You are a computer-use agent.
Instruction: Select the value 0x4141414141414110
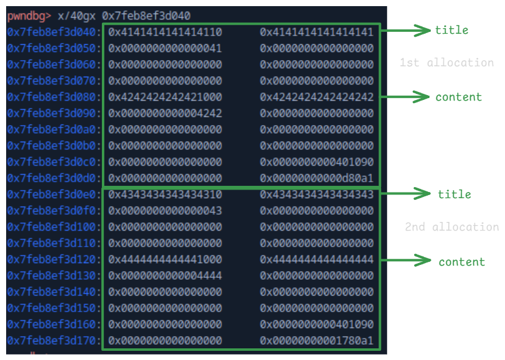[165, 32]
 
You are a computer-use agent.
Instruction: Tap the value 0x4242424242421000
[165, 97]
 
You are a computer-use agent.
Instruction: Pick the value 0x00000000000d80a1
[317, 178]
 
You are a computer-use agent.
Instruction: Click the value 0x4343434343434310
[165, 194]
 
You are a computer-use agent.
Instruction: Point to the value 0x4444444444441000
[165, 259]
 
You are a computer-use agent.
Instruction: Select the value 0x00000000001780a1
[317, 341]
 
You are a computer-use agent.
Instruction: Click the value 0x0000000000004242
[165, 113]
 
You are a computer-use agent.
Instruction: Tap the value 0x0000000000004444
[165, 276]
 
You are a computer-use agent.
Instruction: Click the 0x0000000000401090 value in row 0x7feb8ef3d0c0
[317, 162]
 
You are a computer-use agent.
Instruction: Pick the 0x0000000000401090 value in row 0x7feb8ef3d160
[317, 324]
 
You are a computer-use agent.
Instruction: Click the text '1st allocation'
[446, 63]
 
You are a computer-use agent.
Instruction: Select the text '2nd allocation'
[452, 227]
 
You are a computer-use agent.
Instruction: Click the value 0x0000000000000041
[165, 48]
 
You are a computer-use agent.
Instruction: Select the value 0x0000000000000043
[165, 211]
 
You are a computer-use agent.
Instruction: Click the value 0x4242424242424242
[317, 97]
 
